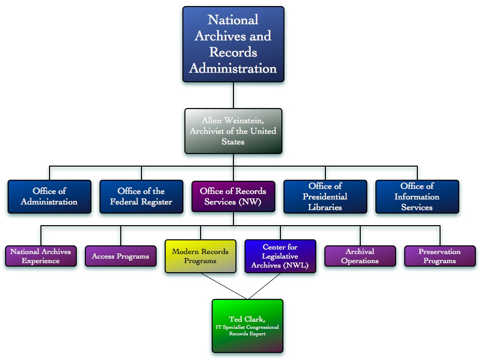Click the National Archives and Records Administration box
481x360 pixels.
(x=233, y=44)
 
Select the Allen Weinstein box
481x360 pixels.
(x=233, y=131)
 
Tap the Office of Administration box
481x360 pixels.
(x=50, y=196)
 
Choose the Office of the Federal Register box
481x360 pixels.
(x=141, y=196)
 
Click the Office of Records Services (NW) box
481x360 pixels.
(x=233, y=196)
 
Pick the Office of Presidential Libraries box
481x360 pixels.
(x=325, y=196)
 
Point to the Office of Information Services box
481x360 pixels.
(x=417, y=196)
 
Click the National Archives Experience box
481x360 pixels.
(x=40, y=256)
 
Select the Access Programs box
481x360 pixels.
(x=120, y=256)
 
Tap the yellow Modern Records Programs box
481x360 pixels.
(x=200, y=256)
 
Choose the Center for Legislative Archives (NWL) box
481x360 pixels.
(x=280, y=256)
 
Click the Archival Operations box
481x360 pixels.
(x=360, y=256)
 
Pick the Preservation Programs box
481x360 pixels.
(x=440, y=256)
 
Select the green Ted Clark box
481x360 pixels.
(x=247, y=326)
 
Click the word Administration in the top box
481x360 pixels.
(x=233, y=68)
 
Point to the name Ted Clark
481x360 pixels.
(x=247, y=319)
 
